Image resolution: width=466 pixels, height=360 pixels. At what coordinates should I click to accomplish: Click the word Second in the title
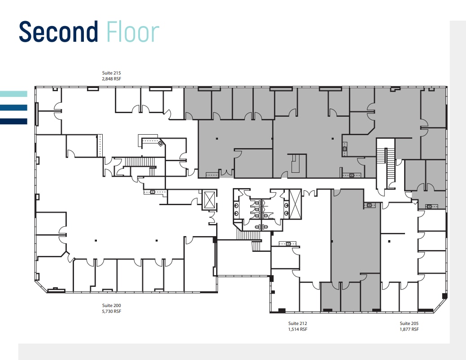coord(58,32)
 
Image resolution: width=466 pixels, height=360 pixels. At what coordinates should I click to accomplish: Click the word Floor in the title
coord(133,32)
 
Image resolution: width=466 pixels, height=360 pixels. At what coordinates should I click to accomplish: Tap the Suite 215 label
coord(112,72)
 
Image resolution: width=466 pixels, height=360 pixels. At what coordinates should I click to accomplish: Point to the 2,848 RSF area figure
coord(112,79)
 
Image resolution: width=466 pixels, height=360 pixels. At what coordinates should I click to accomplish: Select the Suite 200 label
coord(112,305)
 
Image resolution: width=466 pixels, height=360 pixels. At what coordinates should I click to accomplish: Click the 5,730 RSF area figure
coord(112,311)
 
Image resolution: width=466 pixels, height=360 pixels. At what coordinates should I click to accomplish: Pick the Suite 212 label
coord(297,323)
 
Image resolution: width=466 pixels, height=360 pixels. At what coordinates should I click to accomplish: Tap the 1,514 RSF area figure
coord(297,329)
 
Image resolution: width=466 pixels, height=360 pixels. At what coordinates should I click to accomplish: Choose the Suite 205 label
coord(409,323)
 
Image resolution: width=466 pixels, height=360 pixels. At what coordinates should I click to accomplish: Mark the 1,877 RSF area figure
coord(409,329)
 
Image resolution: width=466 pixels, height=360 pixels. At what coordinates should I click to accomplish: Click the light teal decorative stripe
coord(13,94)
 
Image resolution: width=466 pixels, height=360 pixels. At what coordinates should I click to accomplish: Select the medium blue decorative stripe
coord(13,107)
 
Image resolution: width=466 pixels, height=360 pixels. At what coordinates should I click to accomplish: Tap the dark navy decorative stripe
coord(13,121)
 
